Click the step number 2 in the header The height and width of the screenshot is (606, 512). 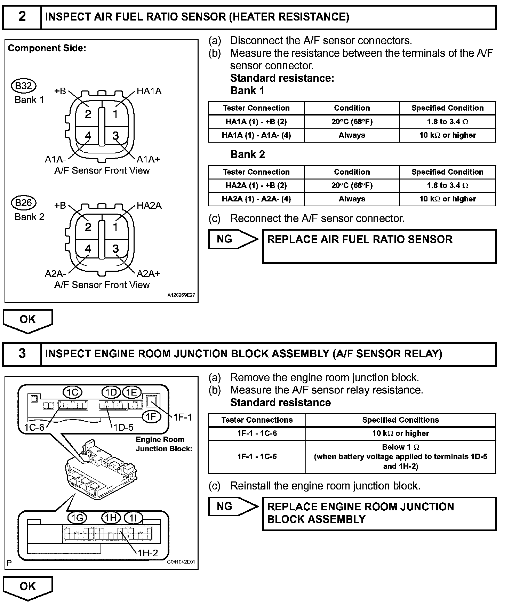(x=22, y=17)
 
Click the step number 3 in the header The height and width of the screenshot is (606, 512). (x=22, y=353)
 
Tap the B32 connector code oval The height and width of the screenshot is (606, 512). (x=24, y=86)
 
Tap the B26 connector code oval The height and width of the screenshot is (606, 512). (x=24, y=202)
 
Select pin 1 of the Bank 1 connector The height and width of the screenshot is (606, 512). (x=115, y=114)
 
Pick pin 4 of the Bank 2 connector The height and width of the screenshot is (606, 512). (x=88, y=249)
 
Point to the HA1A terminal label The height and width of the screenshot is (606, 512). (x=149, y=91)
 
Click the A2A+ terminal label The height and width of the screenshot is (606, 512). (x=148, y=273)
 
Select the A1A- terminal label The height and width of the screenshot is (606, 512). (x=55, y=159)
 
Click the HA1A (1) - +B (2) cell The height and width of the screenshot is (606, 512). (x=256, y=122)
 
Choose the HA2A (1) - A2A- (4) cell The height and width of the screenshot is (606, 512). (x=256, y=199)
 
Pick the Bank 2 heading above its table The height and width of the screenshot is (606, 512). (x=248, y=154)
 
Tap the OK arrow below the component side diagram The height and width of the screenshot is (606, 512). (x=28, y=320)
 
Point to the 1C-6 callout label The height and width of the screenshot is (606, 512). (x=34, y=427)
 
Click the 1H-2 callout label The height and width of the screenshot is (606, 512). (x=147, y=553)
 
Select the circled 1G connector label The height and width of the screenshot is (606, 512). (x=77, y=518)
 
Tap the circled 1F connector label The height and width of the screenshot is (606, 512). (x=151, y=416)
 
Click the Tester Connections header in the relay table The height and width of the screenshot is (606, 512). (x=257, y=420)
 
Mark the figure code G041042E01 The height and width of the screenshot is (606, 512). (x=181, y=561)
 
